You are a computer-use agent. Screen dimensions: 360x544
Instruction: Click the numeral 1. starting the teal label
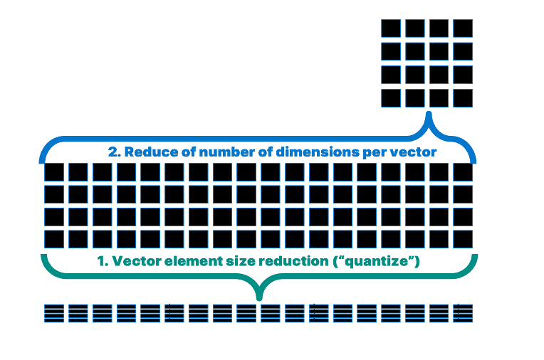coord(103,261)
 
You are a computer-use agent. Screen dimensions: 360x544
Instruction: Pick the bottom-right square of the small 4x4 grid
coord(463,97)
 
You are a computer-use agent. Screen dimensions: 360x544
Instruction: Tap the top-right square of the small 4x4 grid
coord(463,28)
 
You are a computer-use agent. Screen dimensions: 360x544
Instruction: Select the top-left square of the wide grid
coord(55,172)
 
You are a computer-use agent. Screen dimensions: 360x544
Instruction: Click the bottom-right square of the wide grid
coord(463,239)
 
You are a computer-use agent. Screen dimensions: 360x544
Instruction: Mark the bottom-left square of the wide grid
coord(55,239)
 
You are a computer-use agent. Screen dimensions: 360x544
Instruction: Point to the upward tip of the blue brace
coord(429,114)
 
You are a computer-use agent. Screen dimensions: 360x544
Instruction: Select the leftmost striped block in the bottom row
coord(54,312)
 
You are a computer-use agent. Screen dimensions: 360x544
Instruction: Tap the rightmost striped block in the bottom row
coord(463,312)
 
